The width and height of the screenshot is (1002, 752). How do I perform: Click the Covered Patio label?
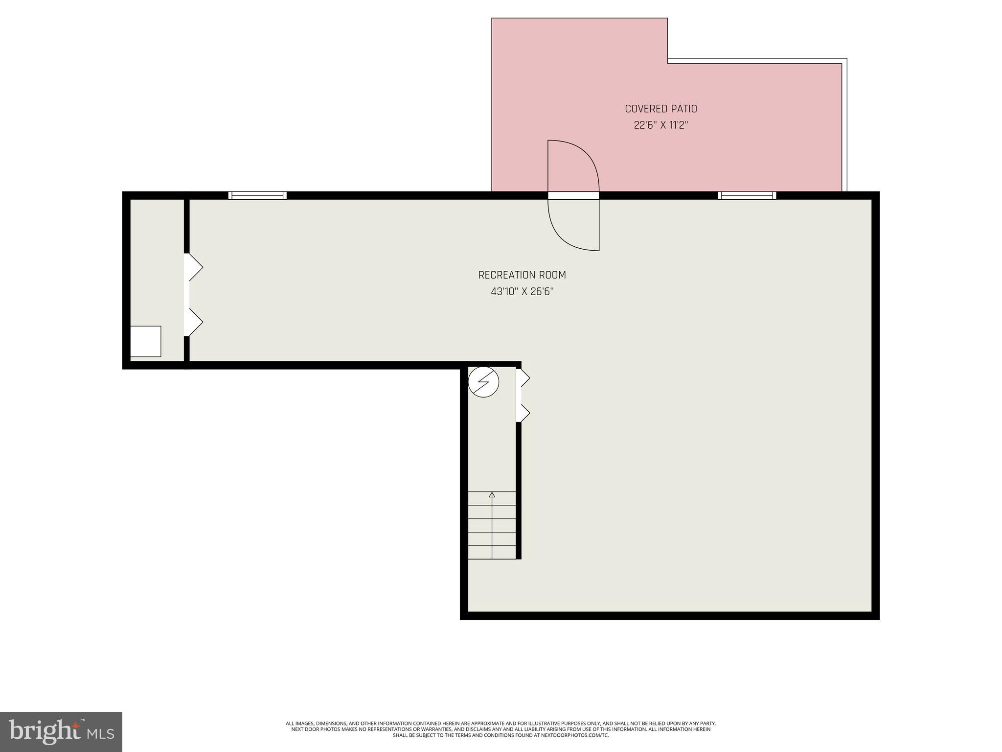click(660, 109)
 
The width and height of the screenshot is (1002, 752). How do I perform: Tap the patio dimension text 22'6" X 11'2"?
click(660, 125)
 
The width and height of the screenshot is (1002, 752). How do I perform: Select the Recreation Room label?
click(522, 275)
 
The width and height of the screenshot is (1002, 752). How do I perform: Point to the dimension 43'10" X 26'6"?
click(522, 292)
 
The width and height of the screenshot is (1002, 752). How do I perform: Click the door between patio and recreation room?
click(573, 195)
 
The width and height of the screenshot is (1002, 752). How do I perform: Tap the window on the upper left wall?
click(257, 195)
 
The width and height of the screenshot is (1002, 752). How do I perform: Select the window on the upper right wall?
click(747, 195)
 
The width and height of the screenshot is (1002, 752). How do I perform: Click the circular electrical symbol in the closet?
click(483, 382)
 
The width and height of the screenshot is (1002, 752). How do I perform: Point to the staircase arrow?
click(492, 495)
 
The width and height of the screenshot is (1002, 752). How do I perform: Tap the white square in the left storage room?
click(145, 341)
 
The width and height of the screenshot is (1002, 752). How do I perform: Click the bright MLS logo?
click(61, 731)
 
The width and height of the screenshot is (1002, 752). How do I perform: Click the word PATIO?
click(684, 109)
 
